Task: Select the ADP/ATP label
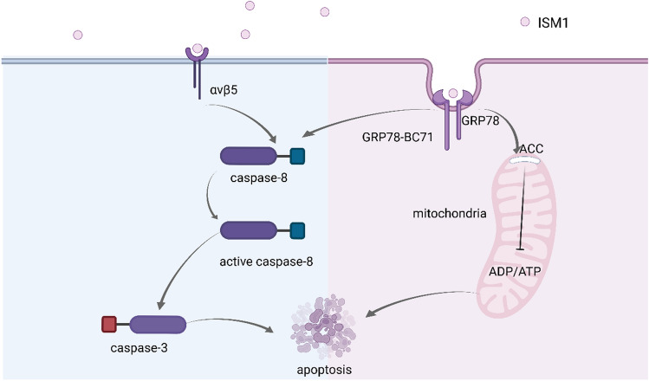pyautogui.click(x=516, y=270)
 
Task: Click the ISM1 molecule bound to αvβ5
pyautogui.click(x=198, y=49)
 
